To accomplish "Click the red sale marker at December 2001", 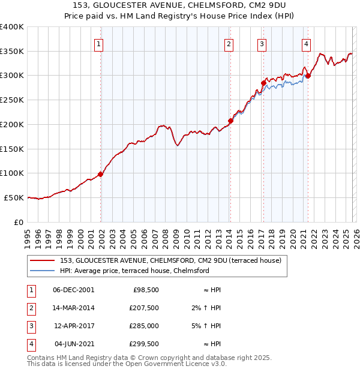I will (x=101, y=174).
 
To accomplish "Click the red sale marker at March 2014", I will (x=230, y=121).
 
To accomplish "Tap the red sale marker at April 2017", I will (x=263, y=83).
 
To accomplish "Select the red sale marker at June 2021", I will (x=308, y=76).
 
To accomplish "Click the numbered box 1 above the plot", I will (x=98, y=43).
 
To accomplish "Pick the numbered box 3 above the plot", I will (x=262, y=43).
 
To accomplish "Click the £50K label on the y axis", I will (x=13, y=197).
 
